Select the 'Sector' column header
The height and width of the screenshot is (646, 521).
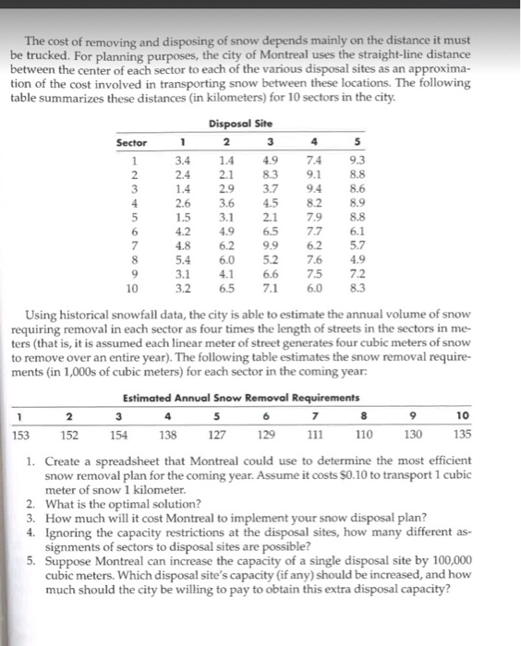pos(131,144)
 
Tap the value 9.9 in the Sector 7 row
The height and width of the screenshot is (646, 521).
pos(270,247)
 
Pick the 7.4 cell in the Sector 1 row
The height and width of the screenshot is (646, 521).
pos(313,161)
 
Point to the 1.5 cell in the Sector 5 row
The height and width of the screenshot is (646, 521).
pos(183,219)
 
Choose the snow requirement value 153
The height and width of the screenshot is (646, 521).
pos(19,434)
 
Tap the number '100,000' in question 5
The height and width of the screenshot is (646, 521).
pos(452,559)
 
